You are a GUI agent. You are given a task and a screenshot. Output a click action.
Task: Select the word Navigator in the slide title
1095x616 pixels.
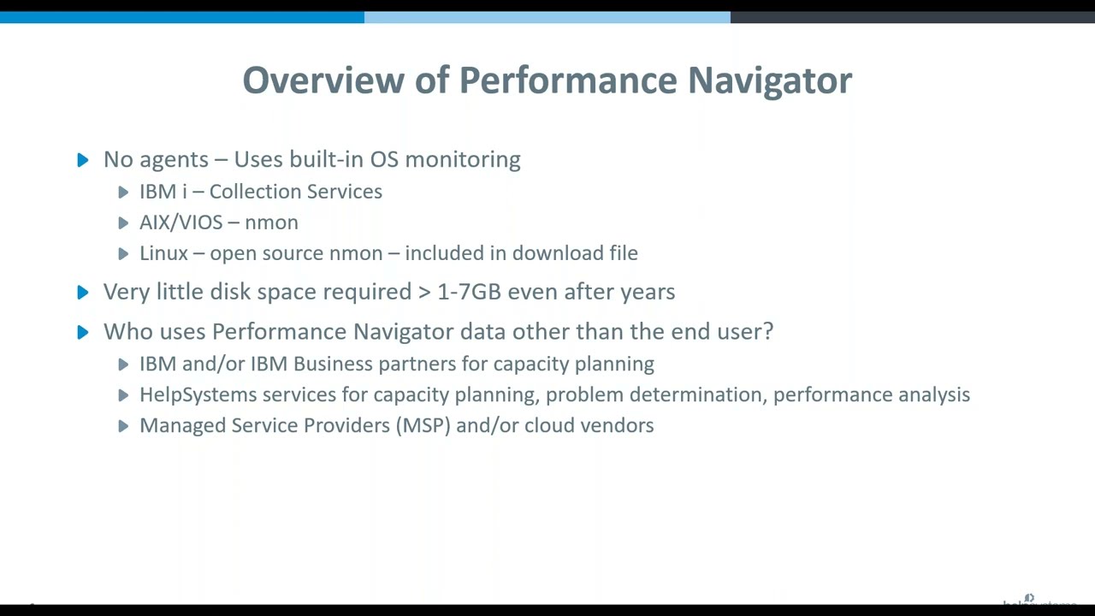(769, 80)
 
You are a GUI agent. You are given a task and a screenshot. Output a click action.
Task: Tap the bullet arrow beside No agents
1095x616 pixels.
(83, 160)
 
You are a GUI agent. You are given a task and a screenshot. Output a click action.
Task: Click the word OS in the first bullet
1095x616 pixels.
(384, 160)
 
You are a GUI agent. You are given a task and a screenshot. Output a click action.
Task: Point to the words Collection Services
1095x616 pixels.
(295, 192)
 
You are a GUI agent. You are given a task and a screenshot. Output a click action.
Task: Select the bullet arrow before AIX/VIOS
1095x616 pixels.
(123, 223)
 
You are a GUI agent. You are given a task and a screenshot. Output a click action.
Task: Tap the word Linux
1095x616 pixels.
(163, 253)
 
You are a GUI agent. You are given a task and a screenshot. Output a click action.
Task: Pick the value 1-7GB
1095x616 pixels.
(469, 292)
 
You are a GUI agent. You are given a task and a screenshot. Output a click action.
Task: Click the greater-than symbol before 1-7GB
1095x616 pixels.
(424, 293)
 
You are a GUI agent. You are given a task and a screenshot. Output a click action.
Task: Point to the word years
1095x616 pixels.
(648, 293)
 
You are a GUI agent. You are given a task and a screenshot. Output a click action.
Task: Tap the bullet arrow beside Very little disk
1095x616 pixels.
(83, 293)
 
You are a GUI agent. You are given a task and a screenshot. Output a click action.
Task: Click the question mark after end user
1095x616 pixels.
(768, 331)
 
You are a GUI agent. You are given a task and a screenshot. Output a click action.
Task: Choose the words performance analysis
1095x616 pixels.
(871, 394)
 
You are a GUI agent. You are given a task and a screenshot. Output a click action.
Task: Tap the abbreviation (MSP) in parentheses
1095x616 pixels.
(423, 425)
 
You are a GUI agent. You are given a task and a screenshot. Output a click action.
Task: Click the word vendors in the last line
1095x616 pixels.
(620, 425)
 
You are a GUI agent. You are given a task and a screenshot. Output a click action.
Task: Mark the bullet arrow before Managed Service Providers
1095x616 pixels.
(123, 426)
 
